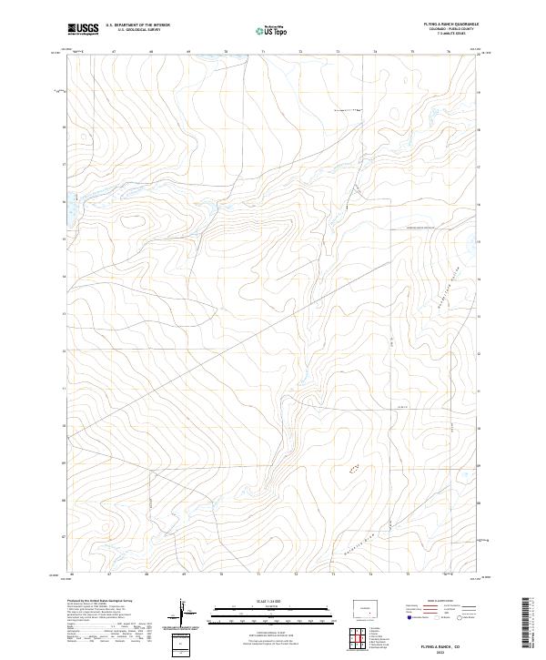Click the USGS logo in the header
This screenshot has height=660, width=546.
[x=83, y=29]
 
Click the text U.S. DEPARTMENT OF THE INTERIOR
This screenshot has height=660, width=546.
[x=137, y=25]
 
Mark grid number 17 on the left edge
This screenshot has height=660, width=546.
[x=64, y=165]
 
